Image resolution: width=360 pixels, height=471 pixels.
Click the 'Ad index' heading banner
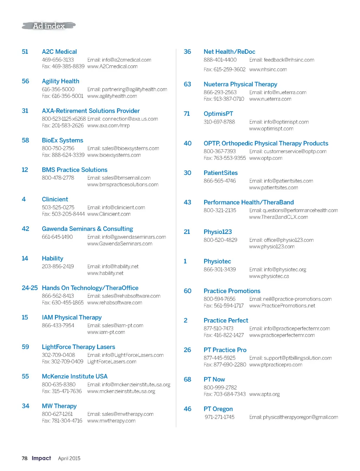[49, 26]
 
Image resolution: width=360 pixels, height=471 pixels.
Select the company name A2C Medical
[59, 52]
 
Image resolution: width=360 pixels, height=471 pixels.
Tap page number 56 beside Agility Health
[25, 81]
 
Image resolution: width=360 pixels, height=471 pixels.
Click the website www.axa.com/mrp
[108, 125]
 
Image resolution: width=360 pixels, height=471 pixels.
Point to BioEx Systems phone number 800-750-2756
[58, 148]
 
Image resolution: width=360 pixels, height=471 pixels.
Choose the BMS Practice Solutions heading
[75, 170]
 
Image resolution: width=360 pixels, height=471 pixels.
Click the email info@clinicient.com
[116, 207]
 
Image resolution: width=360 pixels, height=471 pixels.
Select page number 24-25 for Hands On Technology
[30, 288]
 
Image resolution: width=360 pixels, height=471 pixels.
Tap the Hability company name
[52, 258]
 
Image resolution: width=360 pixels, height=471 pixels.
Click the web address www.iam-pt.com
[106, 332]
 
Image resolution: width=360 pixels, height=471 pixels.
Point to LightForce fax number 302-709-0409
[63, 361]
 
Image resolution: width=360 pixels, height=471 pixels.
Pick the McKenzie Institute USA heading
[75, 376]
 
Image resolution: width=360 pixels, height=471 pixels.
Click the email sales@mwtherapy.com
[120, 414]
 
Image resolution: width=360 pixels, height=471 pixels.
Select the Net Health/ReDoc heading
[229, 52]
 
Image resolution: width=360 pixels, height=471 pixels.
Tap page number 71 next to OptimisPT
[187, 114]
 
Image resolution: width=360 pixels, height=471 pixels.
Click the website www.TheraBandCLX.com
[278, 217]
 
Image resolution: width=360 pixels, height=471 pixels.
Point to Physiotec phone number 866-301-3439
[219, 269]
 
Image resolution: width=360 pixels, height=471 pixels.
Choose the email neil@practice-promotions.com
[290, 299]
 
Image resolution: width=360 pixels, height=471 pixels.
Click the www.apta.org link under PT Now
[264, 394]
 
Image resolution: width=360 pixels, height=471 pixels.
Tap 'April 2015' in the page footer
[69, 458]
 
